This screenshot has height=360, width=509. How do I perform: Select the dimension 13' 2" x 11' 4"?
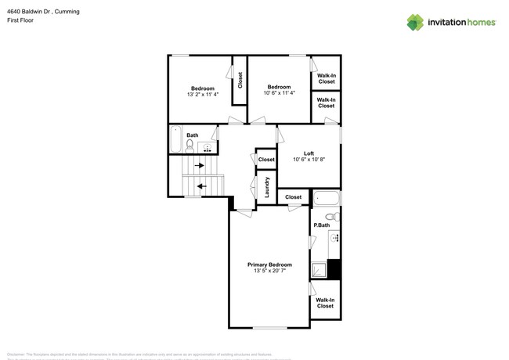coord(203,94)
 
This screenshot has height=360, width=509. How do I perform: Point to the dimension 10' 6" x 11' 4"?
coord(280,93)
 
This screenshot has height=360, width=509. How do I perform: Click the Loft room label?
coord(309,153)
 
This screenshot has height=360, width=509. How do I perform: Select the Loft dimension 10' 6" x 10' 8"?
coord(309,160)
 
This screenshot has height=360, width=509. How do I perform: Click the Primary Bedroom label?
coord(269,265)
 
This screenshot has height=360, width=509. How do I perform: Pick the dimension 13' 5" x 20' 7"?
coord(269,272)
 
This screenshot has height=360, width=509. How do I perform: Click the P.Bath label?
coord(320,225)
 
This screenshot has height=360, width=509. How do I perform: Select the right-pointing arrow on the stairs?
coord(200,166)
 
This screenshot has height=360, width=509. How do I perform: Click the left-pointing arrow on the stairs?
coord(201,186)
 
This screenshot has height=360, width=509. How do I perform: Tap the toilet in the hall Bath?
coord(190,145)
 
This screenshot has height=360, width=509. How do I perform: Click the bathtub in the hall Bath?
coord(175,140)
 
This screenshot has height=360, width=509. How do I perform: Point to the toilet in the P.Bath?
coord(330,217)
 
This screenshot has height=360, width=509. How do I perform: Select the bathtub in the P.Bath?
coord(327,197)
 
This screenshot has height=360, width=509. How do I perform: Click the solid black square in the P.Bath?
coord(334,268)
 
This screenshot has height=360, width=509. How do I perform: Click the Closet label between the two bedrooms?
coord(240,80)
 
